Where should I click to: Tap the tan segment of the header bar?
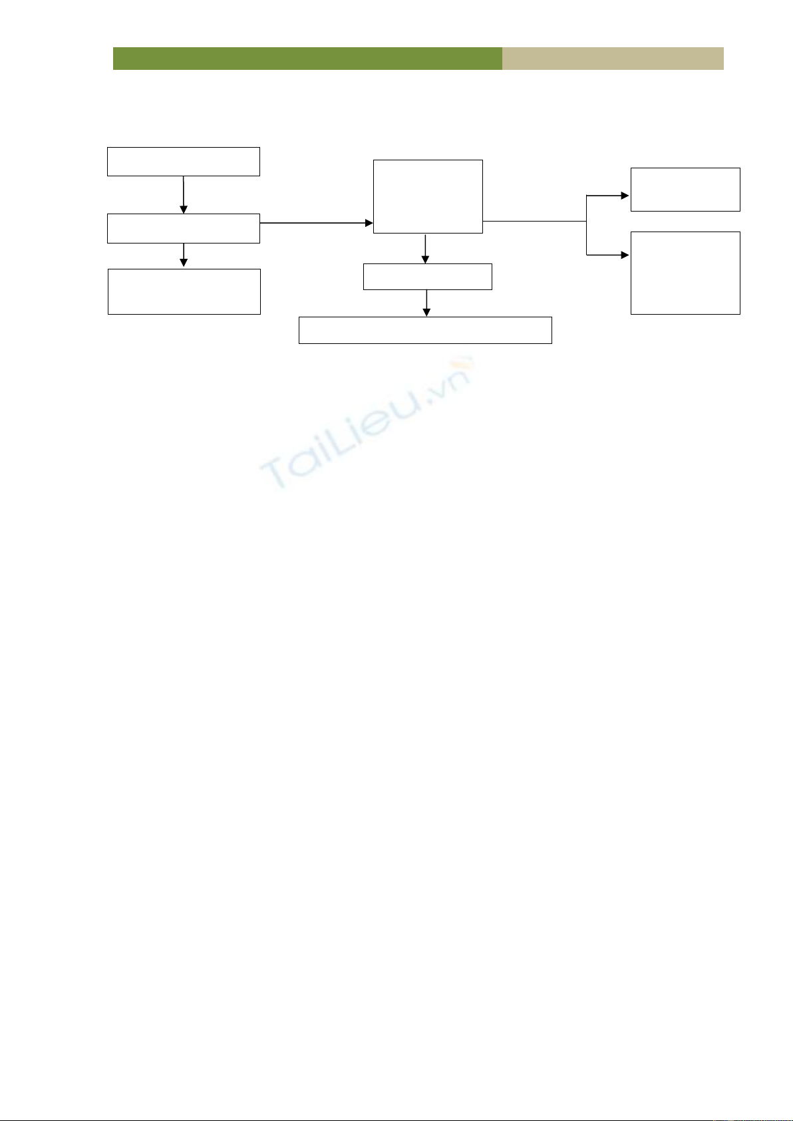pyautogui.click(x=613, y=59)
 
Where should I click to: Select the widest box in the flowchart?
pyautogui.click(x=425, y=330)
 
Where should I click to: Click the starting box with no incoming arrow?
pyautogui.click(x=184, y=162)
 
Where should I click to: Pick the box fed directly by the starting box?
pyautogui.click(x=184, y=228)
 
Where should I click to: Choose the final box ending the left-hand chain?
pyautogui.click(x=184, y=291)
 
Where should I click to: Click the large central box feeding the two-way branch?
pyautogui.click(x=428, y=196)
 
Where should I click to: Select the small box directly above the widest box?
pyautogui.click(x=428, y=277)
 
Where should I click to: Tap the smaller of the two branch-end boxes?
pyautogui.click(x=685, y=190)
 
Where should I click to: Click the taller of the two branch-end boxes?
pyautogui.click(x=685, y=273)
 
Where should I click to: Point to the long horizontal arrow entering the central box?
pyautogui.click(x=316, y=223)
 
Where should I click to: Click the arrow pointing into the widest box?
pyautogui.click(x=426, y=303)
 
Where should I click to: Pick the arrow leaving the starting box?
pyautogui.click(x=183, y=194)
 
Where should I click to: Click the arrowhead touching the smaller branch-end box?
pyautogui.click(x=625, y=196)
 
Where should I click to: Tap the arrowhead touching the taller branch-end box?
pyautogui.click(x=625, y=255)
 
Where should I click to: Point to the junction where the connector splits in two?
pyautogui.click(x=587, y=221)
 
